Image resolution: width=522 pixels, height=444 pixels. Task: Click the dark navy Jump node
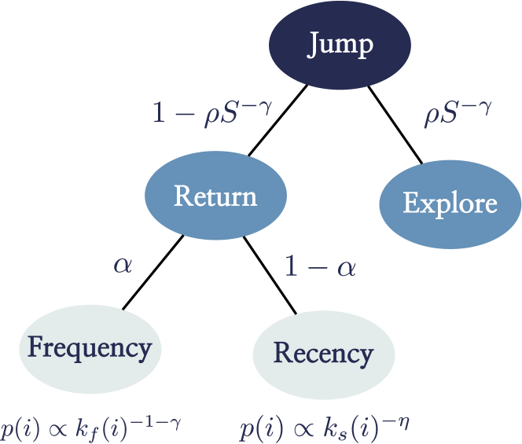(340, 44)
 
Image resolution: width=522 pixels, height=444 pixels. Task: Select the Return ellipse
(215, 196)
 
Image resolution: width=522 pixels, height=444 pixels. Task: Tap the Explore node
(450, 204)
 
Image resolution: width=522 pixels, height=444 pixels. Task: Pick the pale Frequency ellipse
(90, 347)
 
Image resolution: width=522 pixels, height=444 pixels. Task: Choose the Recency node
(322, 354)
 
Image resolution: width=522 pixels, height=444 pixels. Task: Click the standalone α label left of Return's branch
(123, 265)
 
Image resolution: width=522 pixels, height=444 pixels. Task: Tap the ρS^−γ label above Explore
(458, 113)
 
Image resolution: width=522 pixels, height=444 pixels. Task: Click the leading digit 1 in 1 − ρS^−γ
(159, 114)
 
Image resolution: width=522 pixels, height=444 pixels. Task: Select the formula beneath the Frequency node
(91, 427)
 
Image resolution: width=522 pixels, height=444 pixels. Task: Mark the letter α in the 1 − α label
(346, 269)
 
